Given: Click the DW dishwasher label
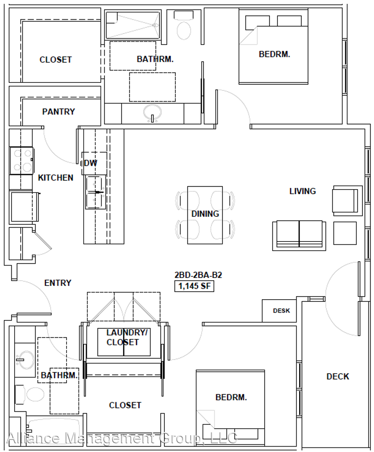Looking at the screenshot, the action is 91,163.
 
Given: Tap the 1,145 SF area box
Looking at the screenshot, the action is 194,286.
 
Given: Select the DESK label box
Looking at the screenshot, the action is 279,311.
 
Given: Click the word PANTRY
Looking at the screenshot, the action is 59,112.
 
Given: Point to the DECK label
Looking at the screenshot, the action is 338,377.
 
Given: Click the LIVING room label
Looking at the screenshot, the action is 302,191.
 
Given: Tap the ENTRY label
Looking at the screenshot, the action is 58,283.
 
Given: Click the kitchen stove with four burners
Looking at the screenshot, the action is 21,161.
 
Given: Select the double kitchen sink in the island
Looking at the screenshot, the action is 95,192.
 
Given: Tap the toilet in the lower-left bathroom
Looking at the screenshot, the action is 30,394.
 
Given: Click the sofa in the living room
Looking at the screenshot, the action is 299,236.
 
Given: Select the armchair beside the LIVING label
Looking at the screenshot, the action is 347,200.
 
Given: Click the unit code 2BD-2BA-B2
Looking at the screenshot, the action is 198,275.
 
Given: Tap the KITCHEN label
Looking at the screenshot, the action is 56,177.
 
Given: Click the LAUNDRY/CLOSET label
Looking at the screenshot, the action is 127,337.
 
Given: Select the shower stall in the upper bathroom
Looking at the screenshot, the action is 132,25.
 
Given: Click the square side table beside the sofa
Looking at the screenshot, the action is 345,233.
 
